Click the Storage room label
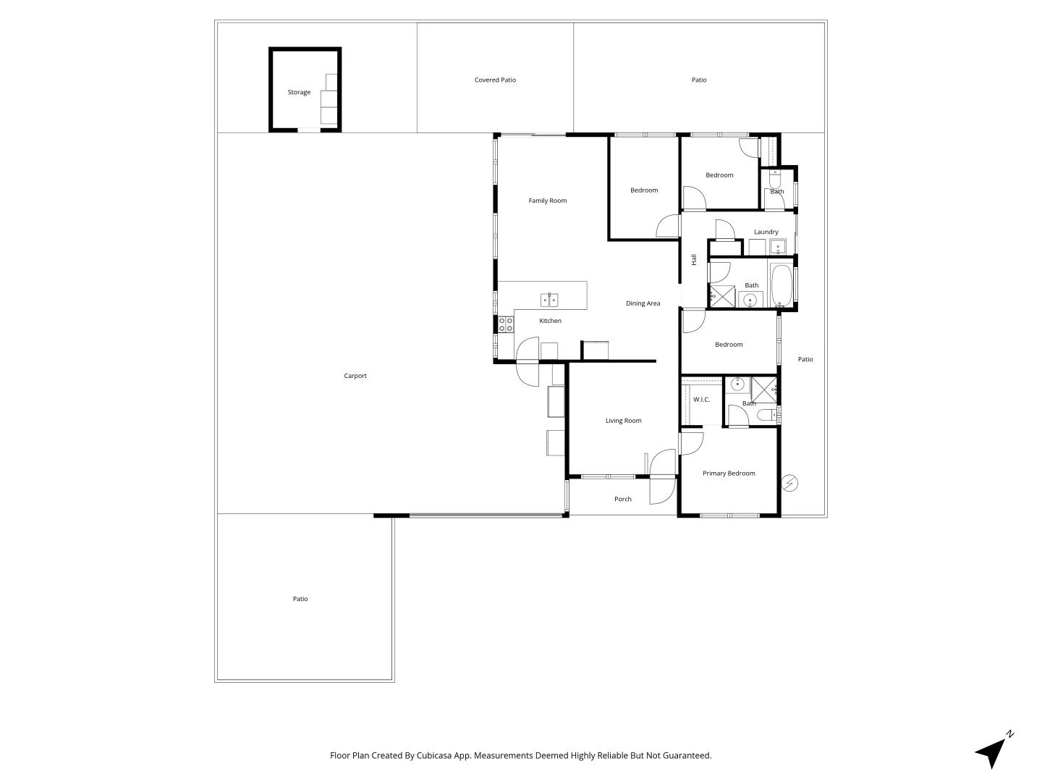tap(299, 92)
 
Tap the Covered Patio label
tap(495, 80)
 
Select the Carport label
tap(355, 376)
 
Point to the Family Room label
tap(547, 201)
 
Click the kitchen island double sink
tap(549, 300)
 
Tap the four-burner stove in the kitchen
tap(506, 324)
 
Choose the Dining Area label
tap(643, 303)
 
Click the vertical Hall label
tap(693, 260)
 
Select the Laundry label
tap(766, 232)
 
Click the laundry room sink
tap(778, 248)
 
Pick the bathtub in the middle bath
tap(781, 285)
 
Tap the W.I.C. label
tap(701, 399)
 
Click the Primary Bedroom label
tap(729, 473)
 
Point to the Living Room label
tap(623, 420)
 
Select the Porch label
tap(623, 499)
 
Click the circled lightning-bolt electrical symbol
tap(789, 484)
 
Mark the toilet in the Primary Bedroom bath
tap(767, 415)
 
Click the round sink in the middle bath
tap(750, 300)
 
